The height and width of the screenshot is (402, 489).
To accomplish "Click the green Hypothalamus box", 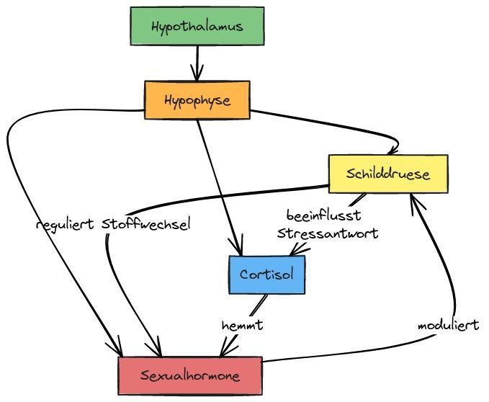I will (x=197, y=27).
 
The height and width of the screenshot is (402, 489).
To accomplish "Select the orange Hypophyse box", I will (x=197, y=100).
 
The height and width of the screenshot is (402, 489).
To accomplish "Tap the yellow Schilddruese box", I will (x=388, y=174).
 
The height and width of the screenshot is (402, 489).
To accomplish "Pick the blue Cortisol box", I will (x=266, y=274).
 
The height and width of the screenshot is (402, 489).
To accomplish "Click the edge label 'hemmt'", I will (x=241, y=326).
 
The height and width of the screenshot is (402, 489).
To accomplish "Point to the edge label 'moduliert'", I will (x=448, y=326).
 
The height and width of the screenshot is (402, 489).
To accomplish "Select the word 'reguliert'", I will (x=66, y=224).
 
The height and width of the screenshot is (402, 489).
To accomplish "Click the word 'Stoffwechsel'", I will (x=146, y=224).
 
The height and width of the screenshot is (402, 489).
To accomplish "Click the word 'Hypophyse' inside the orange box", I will (x=197, y=100).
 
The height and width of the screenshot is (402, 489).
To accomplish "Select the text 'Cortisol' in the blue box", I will (x=266, y=274).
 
